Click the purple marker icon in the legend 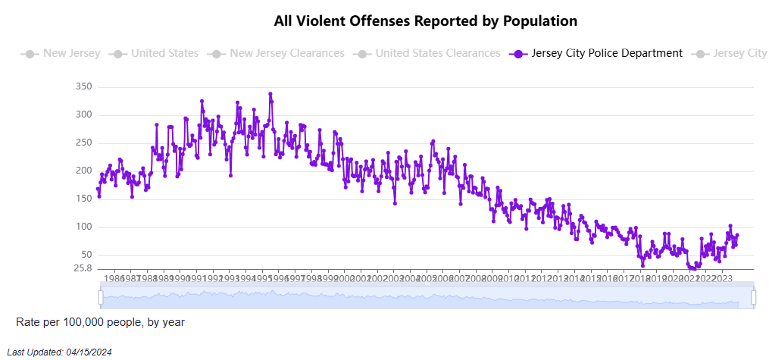[x=519, y=54]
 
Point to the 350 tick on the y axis [x=83, y=87]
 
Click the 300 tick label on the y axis [x=83, y=115]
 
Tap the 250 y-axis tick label [x=83, y=143]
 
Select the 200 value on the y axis [x=83, y=171]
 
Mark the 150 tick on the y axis [x=83, y=199]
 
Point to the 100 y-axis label [x=83, y=227]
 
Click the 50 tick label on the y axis [x=86, y=255]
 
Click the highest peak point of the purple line [x=270, y=94]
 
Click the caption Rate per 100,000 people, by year [x=100, y=322]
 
